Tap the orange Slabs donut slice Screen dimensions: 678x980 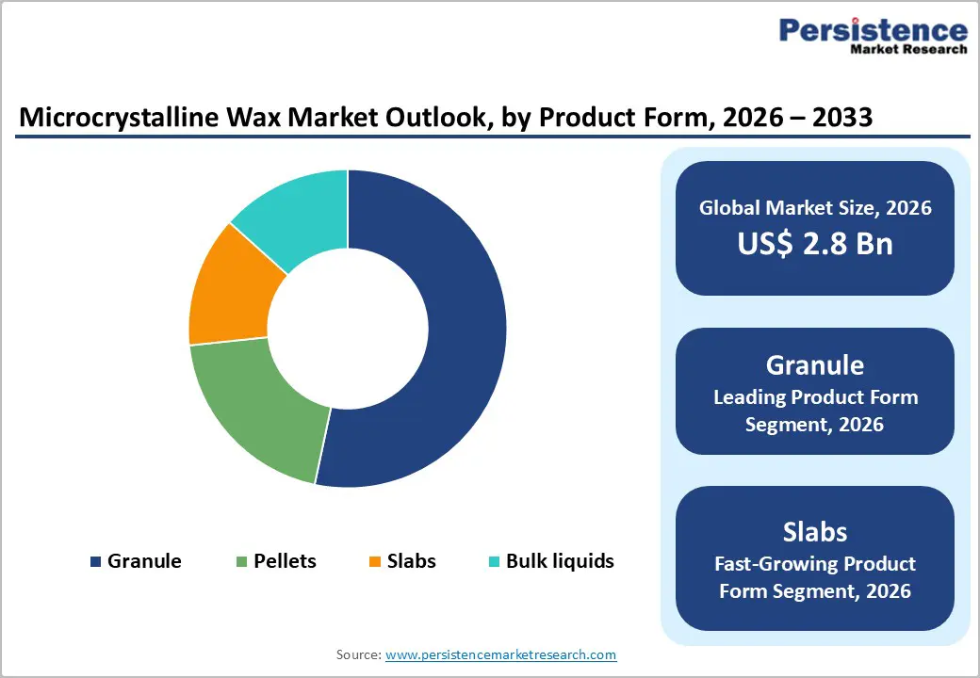[x=226, y=292]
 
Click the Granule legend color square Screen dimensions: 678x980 [x=95, y=562]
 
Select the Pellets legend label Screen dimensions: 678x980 [x=285, y=561]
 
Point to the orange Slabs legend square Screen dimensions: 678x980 [x=374, y=562]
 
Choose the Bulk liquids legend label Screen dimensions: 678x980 [x=560, y=561]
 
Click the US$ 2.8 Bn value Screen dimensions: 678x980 [x=814, y=244]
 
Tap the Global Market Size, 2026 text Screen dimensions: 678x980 [x=814, y=207]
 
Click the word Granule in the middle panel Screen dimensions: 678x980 [x=814, y=364]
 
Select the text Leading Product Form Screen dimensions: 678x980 [x=814, y=397]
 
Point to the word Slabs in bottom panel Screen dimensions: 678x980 [x=814, y=531]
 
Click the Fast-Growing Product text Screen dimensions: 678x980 [x=814, y=564]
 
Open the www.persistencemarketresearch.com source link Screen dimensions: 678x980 [x=500, y=654]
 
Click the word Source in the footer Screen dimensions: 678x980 [x=357, y=654]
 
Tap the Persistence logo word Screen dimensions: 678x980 [x=873, y=30]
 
